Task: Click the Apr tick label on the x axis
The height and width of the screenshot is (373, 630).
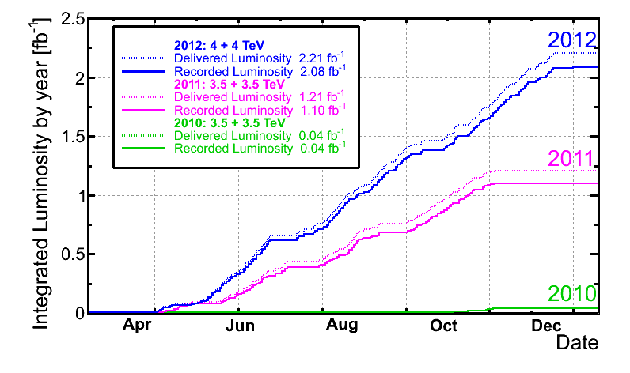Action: coord(137,326)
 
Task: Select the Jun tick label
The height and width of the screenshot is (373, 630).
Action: coord(239,326)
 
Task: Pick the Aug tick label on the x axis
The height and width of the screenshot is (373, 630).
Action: coord(342,326)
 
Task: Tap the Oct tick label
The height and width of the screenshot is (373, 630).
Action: coord(444,326)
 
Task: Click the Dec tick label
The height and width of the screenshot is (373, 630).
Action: coord(546,326)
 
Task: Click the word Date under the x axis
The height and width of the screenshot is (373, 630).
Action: coord(577,343)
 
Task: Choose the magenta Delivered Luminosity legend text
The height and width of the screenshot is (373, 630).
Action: coord(233,96)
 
